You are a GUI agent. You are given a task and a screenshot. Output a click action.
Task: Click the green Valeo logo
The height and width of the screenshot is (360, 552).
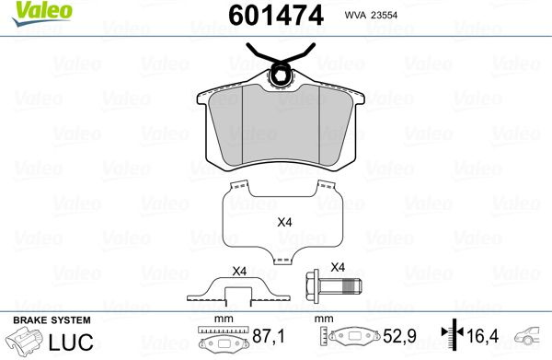[42, 13]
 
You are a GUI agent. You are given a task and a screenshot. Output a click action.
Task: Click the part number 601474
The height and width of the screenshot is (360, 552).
[276, 16]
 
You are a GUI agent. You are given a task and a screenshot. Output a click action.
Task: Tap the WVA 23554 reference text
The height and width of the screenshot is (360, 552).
[371, 15]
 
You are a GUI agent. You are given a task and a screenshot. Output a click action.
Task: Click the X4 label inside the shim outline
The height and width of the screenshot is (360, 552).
[284, 222]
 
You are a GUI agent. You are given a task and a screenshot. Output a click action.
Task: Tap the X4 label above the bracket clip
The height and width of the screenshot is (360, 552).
[239, 272]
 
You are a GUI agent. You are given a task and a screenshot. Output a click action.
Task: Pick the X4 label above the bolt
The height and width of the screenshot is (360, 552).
[338, 267]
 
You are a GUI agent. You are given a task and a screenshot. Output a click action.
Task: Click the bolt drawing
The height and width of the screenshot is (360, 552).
[334, 285]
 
